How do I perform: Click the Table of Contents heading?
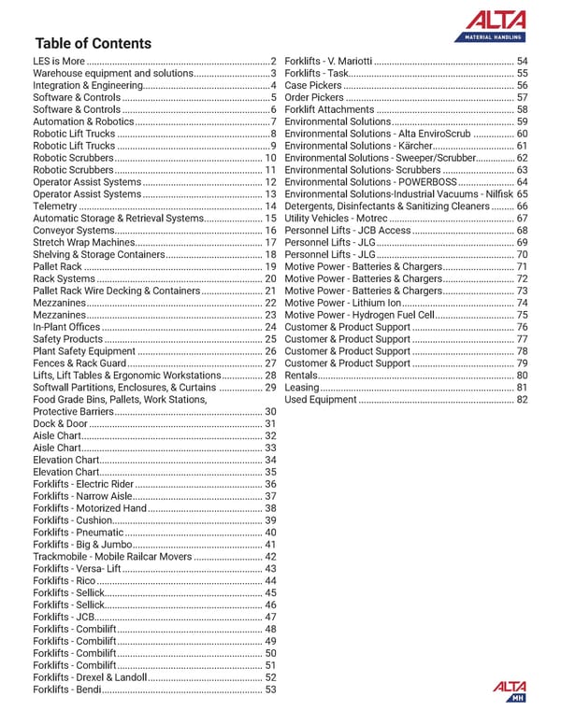(x=93, y=44)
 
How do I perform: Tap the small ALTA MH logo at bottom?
(x=510, y=690)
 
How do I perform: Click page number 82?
(x=522, y=400)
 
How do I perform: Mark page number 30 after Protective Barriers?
(x=271, y=411)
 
